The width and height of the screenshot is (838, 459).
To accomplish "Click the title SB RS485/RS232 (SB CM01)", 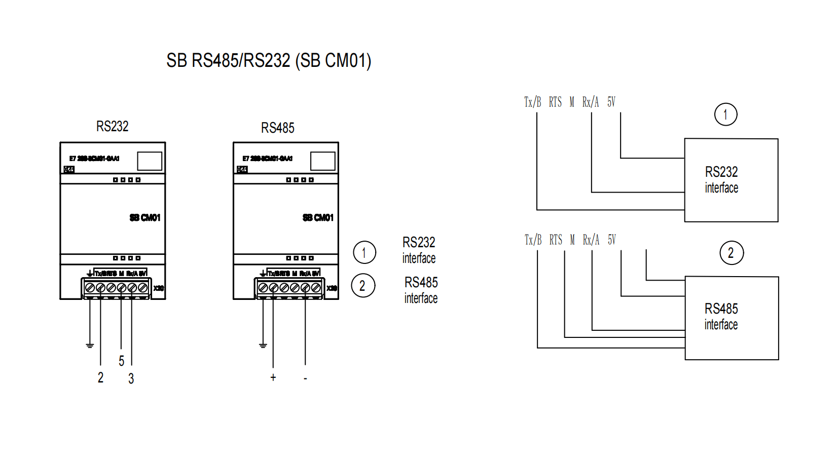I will point(269,61).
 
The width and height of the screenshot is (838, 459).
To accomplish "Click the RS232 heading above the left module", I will point(113,126).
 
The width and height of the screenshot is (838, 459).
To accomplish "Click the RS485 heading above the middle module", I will point(277,128).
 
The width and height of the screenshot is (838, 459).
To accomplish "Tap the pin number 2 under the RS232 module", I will point(100,377).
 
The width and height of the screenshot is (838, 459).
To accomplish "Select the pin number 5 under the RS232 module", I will point(121,361).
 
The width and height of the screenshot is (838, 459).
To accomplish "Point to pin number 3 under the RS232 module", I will point(131,378).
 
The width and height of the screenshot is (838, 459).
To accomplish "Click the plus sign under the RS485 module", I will point(273,377).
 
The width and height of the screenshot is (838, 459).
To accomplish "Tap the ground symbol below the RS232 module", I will point(90,346).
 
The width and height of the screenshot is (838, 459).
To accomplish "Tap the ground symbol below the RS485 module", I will point(263,346).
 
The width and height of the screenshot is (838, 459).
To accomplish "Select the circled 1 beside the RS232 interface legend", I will point(364,253).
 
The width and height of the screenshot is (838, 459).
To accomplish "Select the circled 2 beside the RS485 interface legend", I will point(363,286).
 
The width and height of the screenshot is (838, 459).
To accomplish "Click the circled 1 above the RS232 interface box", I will point(725,114).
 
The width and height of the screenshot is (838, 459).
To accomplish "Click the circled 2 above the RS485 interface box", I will point(731,253).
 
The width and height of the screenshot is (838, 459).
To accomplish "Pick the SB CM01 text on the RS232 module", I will point(145,218).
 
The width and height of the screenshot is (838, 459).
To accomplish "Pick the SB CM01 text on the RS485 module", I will point(318,218).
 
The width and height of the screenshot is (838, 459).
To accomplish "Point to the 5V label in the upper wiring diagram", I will point(611,102).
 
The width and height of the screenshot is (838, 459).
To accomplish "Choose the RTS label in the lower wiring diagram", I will point(556,240).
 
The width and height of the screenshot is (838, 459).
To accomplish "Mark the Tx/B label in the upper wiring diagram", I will point(532,102).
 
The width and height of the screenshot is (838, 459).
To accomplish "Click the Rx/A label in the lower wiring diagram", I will point(591,240).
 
